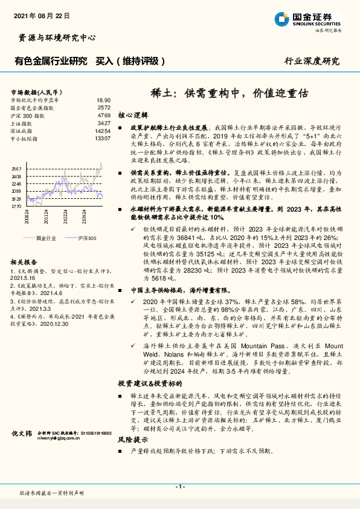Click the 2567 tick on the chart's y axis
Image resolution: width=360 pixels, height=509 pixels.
click(16, 169)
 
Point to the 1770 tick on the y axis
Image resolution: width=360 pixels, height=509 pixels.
click(16, 206)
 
